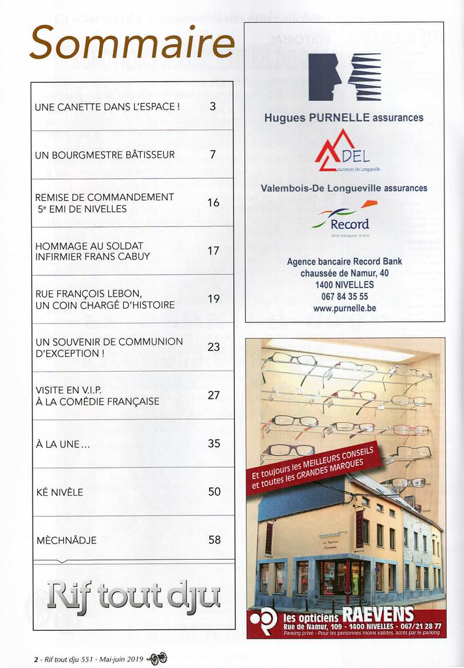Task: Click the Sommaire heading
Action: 132,44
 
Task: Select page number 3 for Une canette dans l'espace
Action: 212,106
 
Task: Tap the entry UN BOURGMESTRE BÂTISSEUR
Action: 105,155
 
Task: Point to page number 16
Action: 213,203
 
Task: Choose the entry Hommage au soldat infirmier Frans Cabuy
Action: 93,251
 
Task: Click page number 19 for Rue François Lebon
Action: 214,299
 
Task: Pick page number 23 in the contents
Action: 214,347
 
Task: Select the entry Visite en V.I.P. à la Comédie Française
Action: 97,395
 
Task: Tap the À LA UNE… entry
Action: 63,444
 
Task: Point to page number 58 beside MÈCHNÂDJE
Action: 214,540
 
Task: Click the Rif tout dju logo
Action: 134,596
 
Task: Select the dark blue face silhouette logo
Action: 325,77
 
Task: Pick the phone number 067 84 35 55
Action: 344,296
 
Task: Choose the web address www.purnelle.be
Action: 344,308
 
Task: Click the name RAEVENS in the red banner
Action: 378,615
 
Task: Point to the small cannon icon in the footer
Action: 158,658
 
